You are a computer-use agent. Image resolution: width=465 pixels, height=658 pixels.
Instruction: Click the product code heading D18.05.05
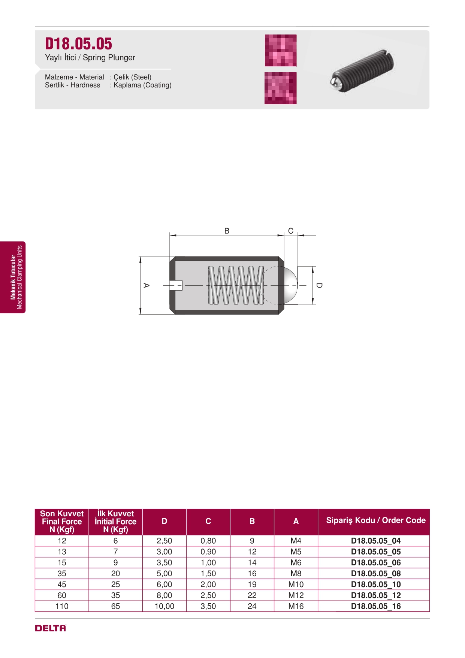[x=78, y=44]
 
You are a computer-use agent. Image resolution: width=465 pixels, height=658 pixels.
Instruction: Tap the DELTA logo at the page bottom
[x=51, y=628]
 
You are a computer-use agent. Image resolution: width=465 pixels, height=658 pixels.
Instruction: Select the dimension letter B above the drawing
[x=227, y=231]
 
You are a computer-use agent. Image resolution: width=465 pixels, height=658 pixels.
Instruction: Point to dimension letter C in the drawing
[x=291, y=231]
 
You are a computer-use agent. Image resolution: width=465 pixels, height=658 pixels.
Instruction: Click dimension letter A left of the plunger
[x=147, y=285]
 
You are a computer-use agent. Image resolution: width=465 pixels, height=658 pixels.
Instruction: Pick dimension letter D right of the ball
[x=319, y=285]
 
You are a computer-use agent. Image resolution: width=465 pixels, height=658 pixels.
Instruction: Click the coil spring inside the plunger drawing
[x=236, y=285]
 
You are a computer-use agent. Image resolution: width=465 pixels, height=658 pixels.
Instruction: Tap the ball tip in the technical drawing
[x=288, y=285]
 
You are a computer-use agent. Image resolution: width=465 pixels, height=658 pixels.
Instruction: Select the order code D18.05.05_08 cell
[x=376, y=573]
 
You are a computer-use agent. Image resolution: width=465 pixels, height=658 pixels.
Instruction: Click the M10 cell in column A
[x=296, y=584]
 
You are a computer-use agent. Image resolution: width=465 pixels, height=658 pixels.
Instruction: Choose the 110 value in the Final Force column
[x=62, y=606]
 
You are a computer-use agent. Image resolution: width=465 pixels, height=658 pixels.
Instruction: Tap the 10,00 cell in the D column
[x=164, y=606]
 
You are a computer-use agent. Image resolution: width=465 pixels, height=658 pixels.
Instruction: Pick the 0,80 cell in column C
[x=208, y=541]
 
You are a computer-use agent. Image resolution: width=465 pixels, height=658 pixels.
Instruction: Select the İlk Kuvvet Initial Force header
[x=115, y=521]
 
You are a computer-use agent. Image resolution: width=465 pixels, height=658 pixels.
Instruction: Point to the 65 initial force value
[x=115, y=606]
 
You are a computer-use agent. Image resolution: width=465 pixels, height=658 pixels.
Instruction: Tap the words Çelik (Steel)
[x=133, y=77]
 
